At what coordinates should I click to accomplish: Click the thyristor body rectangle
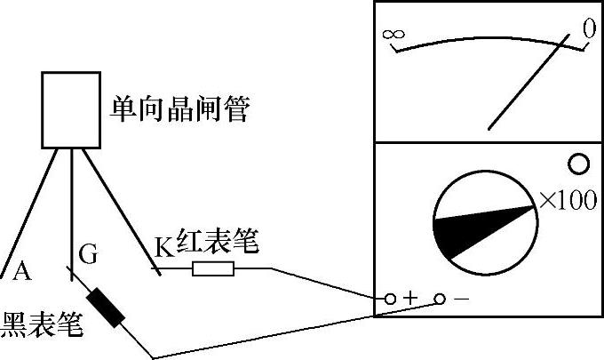tap(68, 109)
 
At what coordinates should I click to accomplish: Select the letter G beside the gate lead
tap(88, 255)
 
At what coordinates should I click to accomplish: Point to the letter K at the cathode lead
tap(163, 248)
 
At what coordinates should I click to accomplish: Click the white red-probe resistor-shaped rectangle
tap(213, 268)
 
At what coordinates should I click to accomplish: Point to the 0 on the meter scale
tap(587, 29)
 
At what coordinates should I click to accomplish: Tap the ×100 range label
tap(568, 201)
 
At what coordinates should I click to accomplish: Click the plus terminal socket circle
tap(390, 299)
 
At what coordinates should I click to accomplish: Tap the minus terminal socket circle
tap(440, 299)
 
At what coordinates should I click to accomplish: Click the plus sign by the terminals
tap(410, 299)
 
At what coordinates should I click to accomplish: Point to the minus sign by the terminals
tap(461, 299)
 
